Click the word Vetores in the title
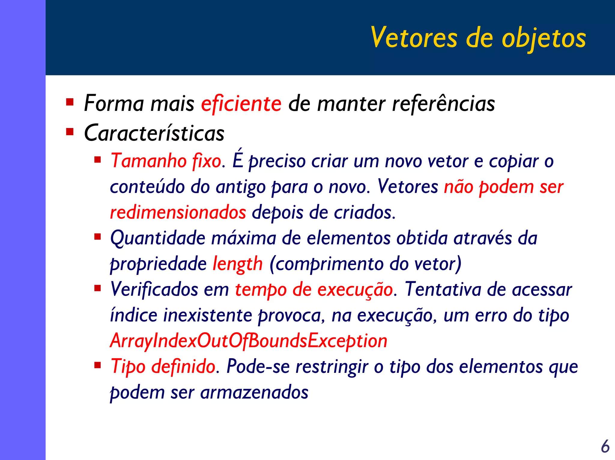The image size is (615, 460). (414, 38)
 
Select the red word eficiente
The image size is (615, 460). (241, 103)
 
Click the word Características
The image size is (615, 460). (154, 133)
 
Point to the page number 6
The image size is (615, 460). (605, 446)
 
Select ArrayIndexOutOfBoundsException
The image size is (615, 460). (249, 341)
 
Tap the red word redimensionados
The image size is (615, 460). (178, 212)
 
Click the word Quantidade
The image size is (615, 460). (158, 238)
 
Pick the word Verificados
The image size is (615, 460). (154, 290)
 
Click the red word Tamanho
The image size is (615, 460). (149, 161)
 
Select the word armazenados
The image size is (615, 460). (254, 392)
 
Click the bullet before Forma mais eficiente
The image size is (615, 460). (70, 102)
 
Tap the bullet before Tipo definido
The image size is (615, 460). (97, 365)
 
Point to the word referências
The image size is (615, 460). (444, 104)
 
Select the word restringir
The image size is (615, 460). (332, 367)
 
